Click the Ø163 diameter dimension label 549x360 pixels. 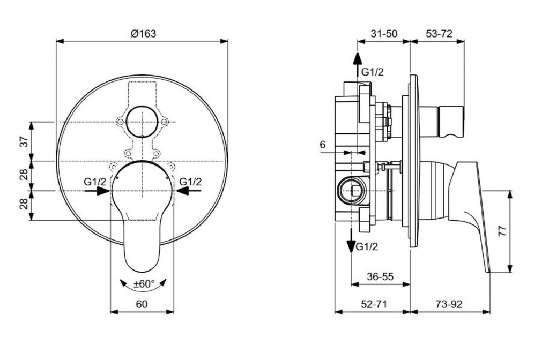[x=143, y=33]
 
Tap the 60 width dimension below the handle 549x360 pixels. [x=142, y=304]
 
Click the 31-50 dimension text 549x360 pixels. [x=384, y=33]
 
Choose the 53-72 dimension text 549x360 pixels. [x=439, y=33]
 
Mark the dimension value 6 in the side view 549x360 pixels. [x=322, y=145]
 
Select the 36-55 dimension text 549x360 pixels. [x=380, y=277]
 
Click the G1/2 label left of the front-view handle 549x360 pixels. [x=95, y=182]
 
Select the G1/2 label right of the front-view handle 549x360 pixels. [x=190, y=182]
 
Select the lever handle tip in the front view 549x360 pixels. [x=143, y=257]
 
